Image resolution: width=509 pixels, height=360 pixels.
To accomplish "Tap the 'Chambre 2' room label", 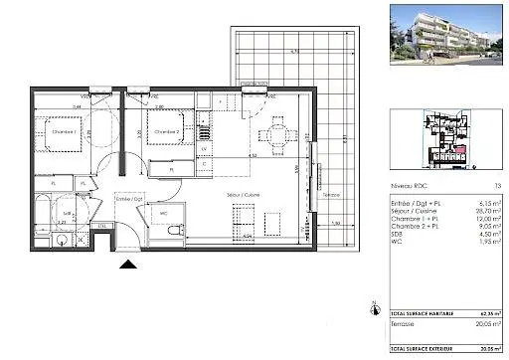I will pos(163,130).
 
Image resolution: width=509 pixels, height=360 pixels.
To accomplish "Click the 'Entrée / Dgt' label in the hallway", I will pos(131,199).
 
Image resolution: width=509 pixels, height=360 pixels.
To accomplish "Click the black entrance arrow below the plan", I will pos(127,265).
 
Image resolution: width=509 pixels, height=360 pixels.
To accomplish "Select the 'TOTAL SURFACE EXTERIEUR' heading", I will pos(424,351).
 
